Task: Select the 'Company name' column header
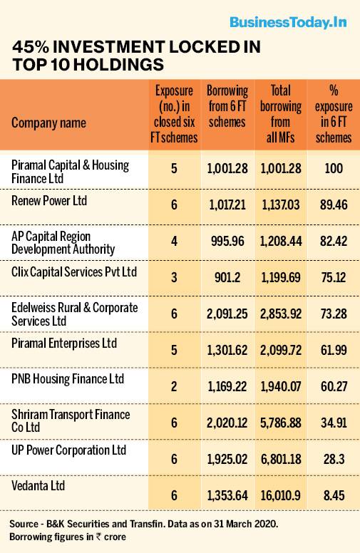[48, 123]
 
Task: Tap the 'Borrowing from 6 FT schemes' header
[227, 107]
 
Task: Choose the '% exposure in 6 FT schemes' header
[332, 115]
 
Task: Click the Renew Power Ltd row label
[49, 201]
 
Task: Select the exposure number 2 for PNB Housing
[173, 384]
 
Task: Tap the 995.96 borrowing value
[227, 241]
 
